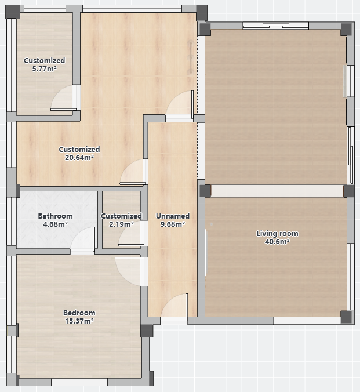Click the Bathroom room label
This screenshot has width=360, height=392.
(x=55, y=216)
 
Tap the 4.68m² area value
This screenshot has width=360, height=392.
(x=55, y=224)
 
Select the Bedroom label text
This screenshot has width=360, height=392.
(x=79, y=313)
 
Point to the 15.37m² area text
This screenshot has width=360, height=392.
(x=79, y=321)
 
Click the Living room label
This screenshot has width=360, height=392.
(x=277, y=234)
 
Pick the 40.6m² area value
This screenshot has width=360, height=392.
(x=277, y=242)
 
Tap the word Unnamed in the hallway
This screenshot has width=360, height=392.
(x=173, y=216)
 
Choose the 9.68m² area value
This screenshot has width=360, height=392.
(x=173, y=224)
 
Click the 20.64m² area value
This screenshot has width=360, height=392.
(x=79, y=158)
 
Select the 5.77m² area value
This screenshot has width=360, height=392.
(x=44, y=69)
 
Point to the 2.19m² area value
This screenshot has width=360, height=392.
(x=121, y=224)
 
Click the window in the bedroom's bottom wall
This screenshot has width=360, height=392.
(x=79, y=382)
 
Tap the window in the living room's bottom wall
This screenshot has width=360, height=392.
(x=307, y=321)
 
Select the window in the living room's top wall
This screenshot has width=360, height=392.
(x=276, y=26)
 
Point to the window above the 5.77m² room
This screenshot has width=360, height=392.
(x=45, y=9)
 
